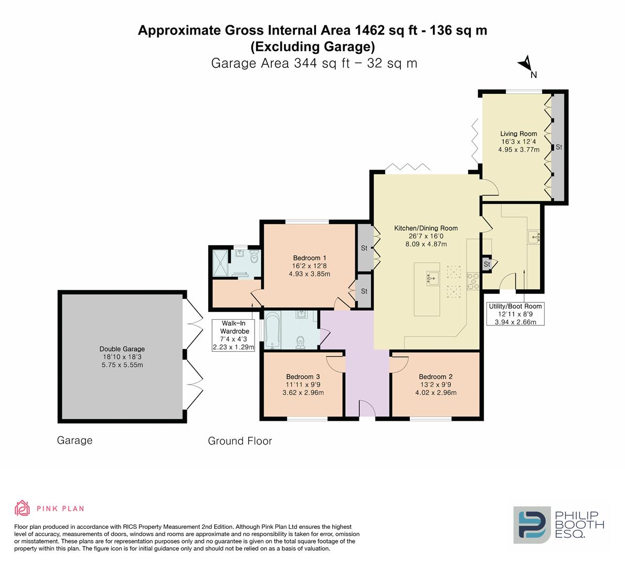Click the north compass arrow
(525, 62)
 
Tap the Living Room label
(518, 134)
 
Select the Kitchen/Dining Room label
(426, 228)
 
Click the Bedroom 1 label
(309, 258)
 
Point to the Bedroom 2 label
(436, 376)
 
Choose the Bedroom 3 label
(303, 376)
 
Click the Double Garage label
(122, 349)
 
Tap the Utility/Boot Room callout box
(515, 313)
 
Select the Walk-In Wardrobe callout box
(233, 335)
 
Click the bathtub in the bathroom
(273, 330)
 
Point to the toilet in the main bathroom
(301, 342)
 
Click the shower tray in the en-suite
(220, 263)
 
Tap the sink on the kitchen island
(432, 277)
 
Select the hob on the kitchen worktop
(473, 280)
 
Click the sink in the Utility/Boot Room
(534, 237)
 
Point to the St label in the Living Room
(559, 147)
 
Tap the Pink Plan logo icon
(23, 508)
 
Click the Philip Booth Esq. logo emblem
(532, 525)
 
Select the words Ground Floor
(240, 441)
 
